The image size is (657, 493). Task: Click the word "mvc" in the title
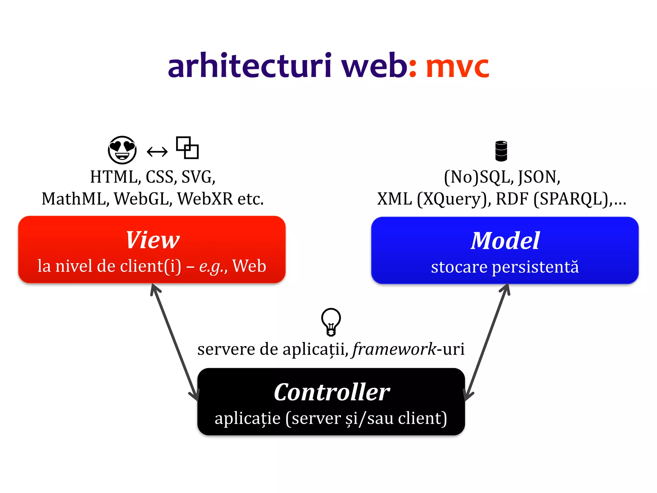click(457, 67)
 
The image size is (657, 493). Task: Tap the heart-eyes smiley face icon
click(122, 150)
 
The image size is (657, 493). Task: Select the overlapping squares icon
click(187, 148)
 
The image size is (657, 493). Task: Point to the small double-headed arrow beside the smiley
click(157, 151)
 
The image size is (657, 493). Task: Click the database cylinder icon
click(501, 151)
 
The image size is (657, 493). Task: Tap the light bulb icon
click(331, 322)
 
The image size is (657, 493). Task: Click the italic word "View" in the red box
click(153, 240)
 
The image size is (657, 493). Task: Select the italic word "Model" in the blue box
click(505, 241)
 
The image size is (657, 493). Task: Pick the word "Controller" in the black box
click(332, 392)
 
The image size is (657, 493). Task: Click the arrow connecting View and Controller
click(175, 342)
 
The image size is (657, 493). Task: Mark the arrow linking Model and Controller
click(487, 342)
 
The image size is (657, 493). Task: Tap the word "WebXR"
click(205, 199)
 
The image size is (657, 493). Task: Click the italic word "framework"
click(394, 349)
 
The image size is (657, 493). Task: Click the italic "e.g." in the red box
click(211, 266)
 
